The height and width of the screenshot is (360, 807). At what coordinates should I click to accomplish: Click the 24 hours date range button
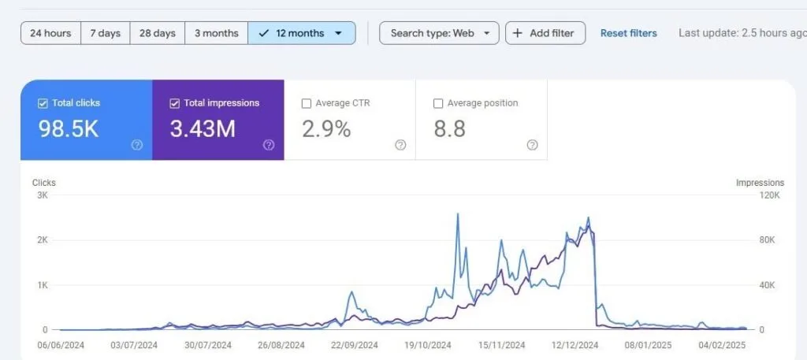tap(50, 33)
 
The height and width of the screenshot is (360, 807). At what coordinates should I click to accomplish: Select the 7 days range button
tap(105, 33)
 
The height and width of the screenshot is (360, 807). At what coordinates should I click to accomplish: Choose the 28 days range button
tap(157, 33)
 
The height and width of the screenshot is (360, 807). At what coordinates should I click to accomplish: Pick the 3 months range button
tap(216, 33)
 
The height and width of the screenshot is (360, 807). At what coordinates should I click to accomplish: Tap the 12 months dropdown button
tap(302, 33)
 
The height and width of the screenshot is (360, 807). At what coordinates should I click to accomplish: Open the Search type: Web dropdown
tap(439, 33)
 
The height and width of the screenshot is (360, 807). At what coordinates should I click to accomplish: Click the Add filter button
tap(545, 33)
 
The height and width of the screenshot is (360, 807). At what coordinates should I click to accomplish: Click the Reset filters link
tap(628, 33)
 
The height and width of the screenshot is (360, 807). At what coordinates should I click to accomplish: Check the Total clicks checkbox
tap(43, 103)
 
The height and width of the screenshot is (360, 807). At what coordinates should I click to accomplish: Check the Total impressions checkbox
tap(175, 103)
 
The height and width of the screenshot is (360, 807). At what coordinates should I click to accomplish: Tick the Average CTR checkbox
tap(307, 103)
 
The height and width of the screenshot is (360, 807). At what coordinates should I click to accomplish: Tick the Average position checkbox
tap(438, 103)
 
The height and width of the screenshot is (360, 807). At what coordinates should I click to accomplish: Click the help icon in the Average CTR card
tap(400, 145)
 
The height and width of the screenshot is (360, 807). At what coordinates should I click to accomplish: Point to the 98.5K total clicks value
tap(69, 129)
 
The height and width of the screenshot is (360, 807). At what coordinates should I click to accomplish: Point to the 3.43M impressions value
tap(203, 129)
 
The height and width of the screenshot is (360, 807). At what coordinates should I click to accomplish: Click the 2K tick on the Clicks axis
tap(42, 239)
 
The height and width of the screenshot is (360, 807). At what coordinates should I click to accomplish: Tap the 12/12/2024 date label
tap(575, 344)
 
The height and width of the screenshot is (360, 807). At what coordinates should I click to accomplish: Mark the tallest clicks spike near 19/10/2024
tap(458, 213)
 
